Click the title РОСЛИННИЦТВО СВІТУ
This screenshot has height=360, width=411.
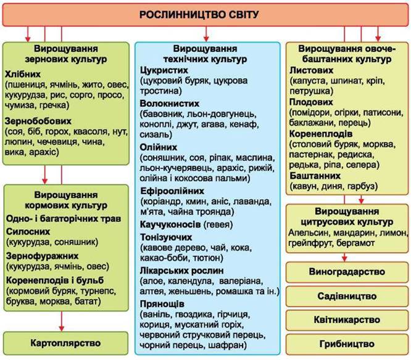coord(199,15)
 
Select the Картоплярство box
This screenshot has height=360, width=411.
coord(66,343)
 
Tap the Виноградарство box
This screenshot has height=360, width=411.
coord(347,272)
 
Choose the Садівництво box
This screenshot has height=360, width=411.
coord(347,296)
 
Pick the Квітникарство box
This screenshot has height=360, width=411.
coord(347,320)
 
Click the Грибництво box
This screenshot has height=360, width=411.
coord(347,344)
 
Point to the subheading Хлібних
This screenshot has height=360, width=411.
coord(23,74)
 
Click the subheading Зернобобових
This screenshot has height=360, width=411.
coord(38,121)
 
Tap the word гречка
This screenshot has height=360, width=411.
coord(54,105)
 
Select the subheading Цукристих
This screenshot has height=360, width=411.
coord(164,70)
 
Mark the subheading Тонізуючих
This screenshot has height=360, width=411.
coord(166,237)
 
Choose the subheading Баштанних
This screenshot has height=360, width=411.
coord(315,176)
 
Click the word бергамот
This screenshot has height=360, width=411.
coord(355,243)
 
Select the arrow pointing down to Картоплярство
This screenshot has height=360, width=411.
coord(62,321)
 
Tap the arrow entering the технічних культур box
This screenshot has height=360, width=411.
coord(206,34)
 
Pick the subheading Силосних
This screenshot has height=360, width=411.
coord(28,231)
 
